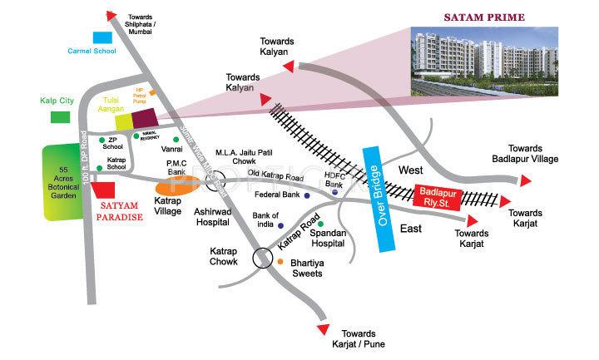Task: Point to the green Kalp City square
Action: [x=61, y=116]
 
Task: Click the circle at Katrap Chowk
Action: [x=263, y=258]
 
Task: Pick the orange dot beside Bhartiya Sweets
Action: [x=281, y=263]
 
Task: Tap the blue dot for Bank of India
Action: [x=281, y=225]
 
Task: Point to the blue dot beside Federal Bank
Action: [x=307, y=196]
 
